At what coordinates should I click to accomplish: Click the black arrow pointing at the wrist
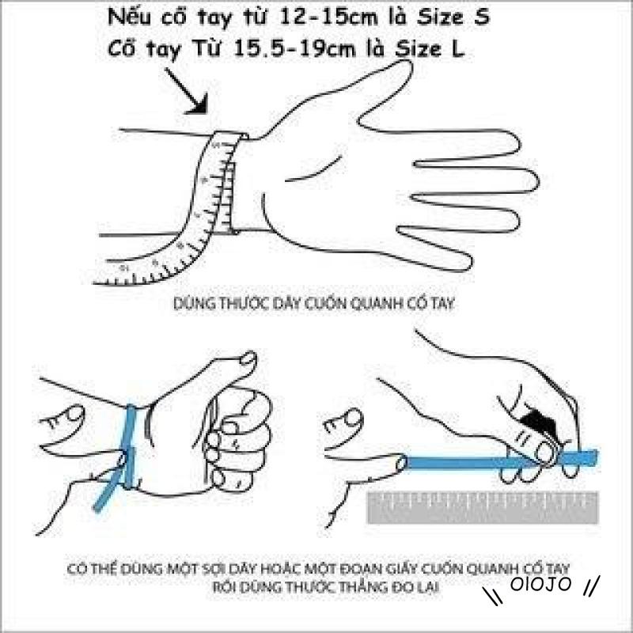tap(188, 91)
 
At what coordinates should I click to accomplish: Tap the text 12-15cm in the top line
tap(328, 17)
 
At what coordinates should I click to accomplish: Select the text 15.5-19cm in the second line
tap(294, 49)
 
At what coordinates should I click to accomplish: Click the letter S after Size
tap(482, 17)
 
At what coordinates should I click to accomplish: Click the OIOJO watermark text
tap(540, 584)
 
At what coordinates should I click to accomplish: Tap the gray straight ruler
tap(483, 507)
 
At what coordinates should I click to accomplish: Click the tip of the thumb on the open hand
tap(407, 65)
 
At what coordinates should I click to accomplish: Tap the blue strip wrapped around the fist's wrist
tap(129, 446)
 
